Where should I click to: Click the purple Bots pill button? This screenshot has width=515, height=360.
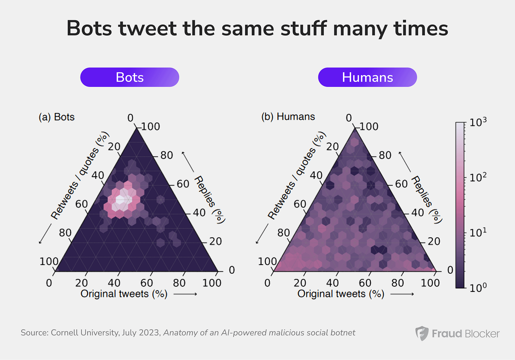129,77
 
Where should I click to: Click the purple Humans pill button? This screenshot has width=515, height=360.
367,77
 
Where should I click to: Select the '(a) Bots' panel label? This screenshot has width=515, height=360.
56,117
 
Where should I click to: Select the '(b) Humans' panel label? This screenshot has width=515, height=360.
288,117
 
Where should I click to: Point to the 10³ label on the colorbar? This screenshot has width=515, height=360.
477,122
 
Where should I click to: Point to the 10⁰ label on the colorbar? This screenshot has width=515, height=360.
477,288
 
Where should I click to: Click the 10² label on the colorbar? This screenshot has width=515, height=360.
477,177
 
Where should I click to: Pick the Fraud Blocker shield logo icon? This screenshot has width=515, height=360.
422,333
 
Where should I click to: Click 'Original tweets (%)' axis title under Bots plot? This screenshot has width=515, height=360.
124,294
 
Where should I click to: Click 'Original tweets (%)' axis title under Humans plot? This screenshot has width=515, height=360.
341,294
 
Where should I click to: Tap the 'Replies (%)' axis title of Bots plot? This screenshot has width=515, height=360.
210,199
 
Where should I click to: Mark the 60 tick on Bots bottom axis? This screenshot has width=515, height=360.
147,283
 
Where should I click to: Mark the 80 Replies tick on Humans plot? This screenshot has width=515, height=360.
385,155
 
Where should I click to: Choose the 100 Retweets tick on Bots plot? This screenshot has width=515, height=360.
49,261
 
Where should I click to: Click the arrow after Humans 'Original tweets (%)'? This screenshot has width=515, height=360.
402,294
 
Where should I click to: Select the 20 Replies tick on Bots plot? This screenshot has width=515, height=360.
215,242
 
